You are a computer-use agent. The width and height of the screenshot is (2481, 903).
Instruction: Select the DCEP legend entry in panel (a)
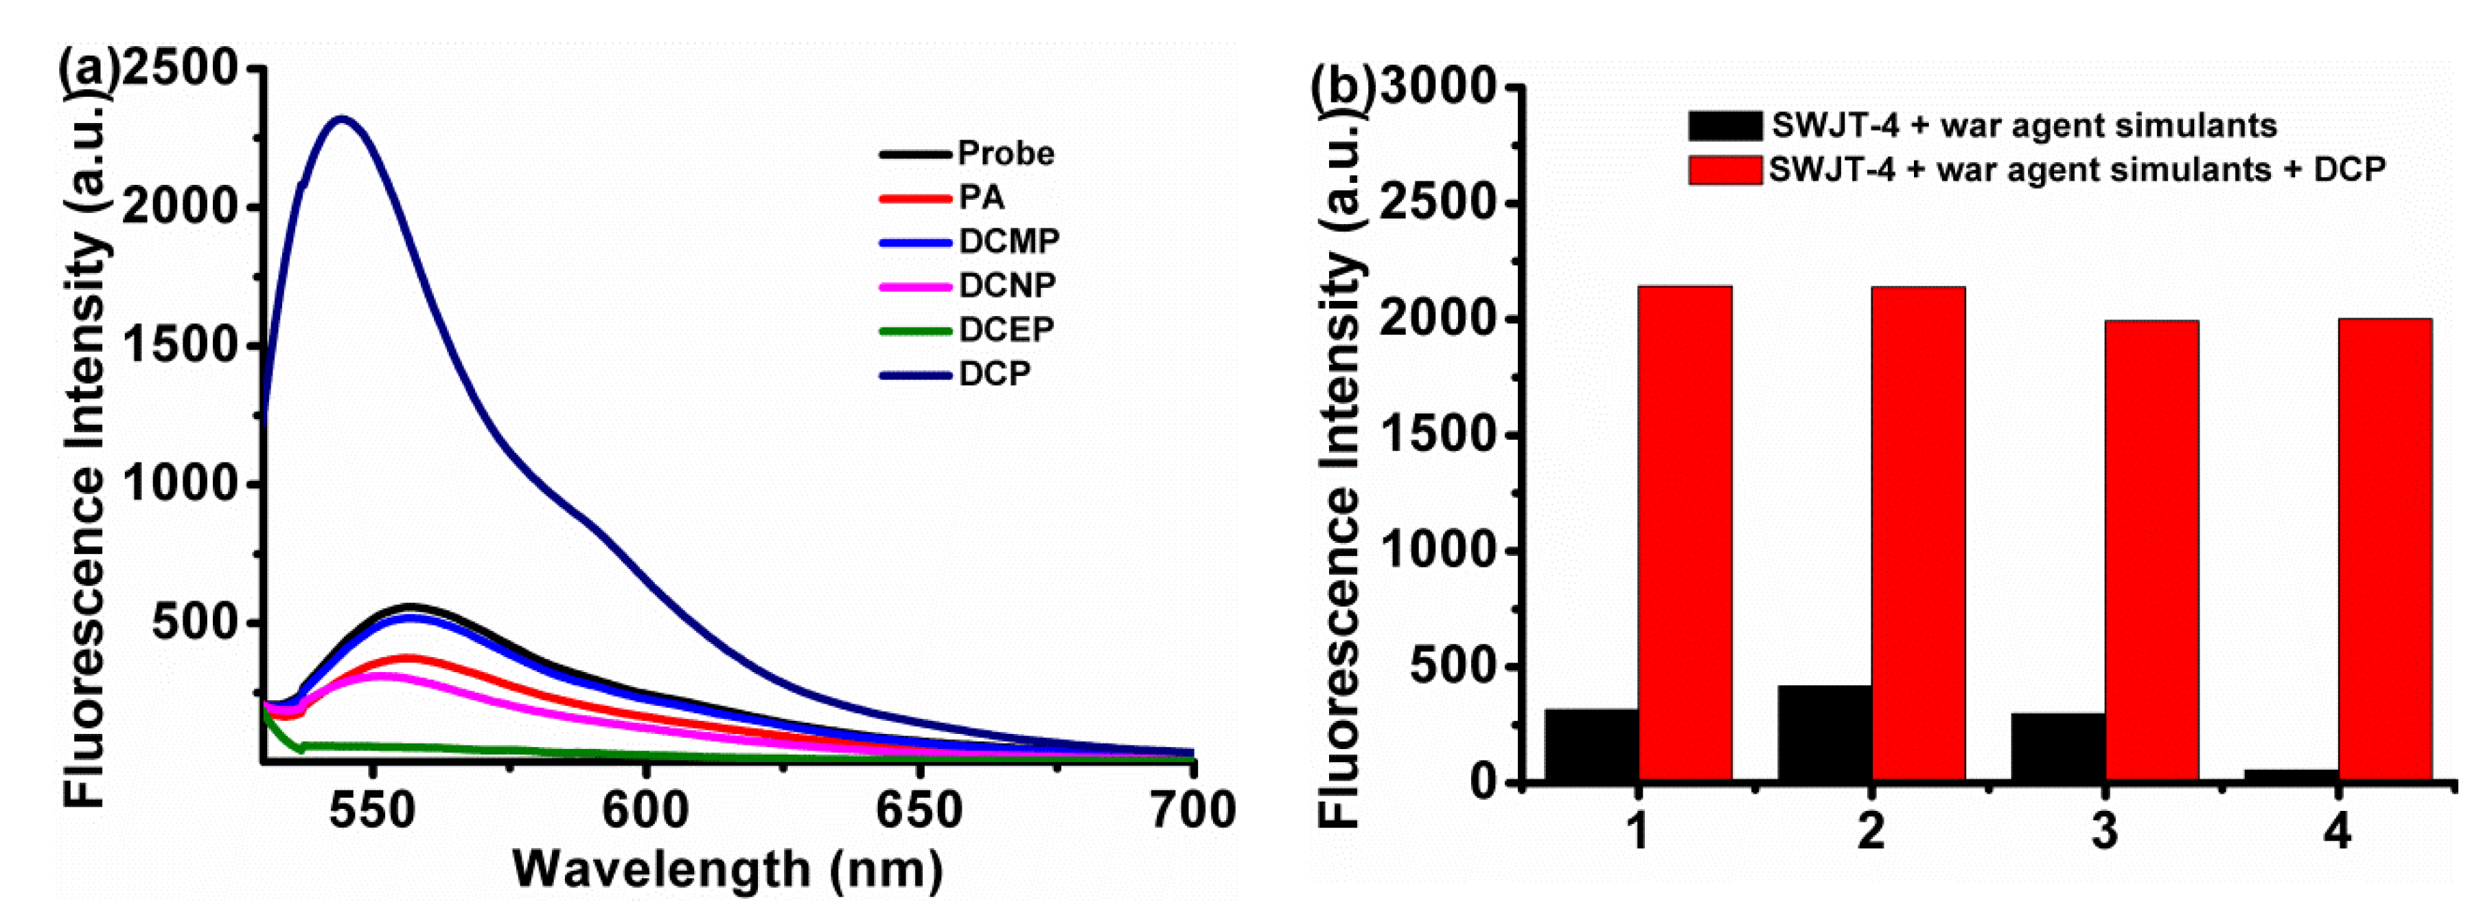point(1006,330)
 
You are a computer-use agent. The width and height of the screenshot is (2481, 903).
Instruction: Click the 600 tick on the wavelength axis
point(645,810)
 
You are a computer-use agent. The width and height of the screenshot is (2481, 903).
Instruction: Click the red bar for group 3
point(2151,549)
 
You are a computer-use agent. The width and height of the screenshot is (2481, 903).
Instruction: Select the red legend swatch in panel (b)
point(1724,170)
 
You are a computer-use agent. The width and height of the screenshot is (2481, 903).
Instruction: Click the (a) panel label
point(89,69)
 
